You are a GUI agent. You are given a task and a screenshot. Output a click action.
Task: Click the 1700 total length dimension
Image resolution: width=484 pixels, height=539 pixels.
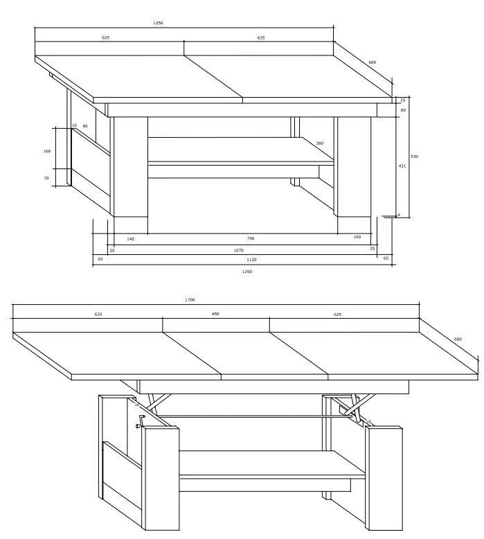tap(190, 300)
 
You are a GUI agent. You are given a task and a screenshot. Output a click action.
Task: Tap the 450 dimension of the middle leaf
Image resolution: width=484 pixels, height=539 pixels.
tap(215, 314)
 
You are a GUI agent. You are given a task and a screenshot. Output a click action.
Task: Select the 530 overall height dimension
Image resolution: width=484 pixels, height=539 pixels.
tap(415, 157)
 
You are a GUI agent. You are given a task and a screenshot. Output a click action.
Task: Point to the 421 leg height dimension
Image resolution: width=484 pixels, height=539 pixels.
tap(402, 166)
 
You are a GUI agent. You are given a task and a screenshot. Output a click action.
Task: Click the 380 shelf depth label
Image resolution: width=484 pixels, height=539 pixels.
tap(320, 143)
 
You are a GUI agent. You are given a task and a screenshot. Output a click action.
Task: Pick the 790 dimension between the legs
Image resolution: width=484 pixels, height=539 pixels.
tap(251, 238)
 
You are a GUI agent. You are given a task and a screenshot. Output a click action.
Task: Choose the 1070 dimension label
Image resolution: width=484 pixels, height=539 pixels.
tap(239, 250)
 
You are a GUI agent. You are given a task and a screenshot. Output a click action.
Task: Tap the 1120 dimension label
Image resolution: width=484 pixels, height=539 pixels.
tap(252, 260)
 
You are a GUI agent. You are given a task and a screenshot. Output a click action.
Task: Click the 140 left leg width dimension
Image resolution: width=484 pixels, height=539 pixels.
tap(131, 238)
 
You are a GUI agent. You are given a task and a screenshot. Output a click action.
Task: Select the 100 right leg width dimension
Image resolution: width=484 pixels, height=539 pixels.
tap(357, 237)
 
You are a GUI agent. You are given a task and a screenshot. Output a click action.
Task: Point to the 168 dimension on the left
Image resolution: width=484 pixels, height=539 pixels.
tap(47, 151)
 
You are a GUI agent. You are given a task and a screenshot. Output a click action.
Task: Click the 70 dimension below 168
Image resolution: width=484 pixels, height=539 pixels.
tap(46, 178)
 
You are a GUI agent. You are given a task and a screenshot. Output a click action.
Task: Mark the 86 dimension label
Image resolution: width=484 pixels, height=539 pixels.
tap(85, 126)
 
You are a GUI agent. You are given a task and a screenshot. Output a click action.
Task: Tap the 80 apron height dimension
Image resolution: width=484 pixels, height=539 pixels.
tap(403, 110)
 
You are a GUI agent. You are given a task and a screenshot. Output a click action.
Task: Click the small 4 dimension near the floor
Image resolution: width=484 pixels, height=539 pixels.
tap(399, 215)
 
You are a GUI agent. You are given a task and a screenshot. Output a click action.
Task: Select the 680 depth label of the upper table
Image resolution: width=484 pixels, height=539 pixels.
tap(373, 62)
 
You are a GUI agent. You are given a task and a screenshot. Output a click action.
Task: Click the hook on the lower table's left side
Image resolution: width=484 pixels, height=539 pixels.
tap(141, 421)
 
